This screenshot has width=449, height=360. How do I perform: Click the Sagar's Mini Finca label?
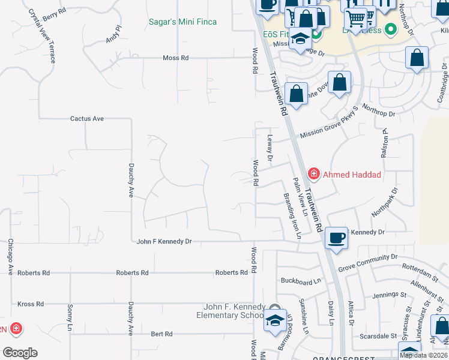pyautogui.click(x=182, y=22)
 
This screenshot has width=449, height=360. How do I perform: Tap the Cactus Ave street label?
pyautogui.click(x=87, y=119)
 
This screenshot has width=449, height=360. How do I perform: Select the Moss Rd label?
pyautogui.click(x=175, y=58)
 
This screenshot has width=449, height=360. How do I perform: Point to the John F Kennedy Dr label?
pyautogui.click(x=164, y=241)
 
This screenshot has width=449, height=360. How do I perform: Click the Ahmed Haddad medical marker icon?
pyautogui.click(x=313, y=174)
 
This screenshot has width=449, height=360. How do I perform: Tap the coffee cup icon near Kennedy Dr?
pyautogui.click(x=336, y=237)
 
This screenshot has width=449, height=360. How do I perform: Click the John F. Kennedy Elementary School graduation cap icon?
pyautogui.click(x=274, y=320)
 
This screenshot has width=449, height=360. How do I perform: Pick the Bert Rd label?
pyautogui.click(x=161, y=334)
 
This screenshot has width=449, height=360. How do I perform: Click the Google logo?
pyautogui.click(x=20, y=352)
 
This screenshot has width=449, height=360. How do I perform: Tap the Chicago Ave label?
pyautogui.click(x=10, y=257)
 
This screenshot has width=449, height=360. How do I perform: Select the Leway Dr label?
pyautogui.click(x=270, y=148)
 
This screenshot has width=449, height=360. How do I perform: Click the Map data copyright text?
pyautogui.click(x=423, y=355)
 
